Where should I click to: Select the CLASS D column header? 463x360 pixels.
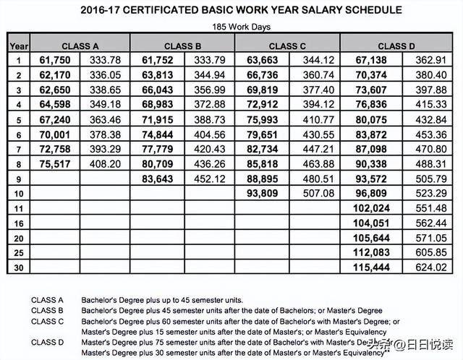(396, 46)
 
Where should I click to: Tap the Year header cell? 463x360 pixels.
(18, 46)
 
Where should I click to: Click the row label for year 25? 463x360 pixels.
(18, 252)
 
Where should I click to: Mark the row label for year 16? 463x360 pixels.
(18, 223)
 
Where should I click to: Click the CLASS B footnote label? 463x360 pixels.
(47, 310)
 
